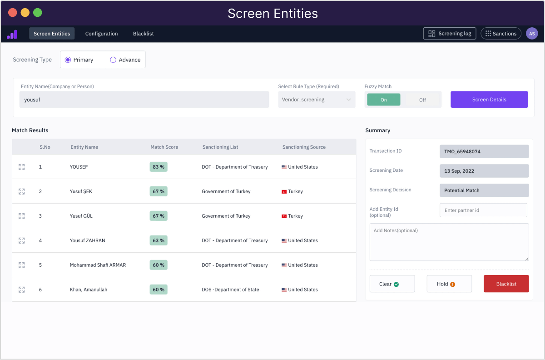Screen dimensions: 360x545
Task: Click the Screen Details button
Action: (489, 100)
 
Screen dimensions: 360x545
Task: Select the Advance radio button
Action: (114, 60)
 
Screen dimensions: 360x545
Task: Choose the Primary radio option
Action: (68, 60)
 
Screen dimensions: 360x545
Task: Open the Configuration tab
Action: (101, 34)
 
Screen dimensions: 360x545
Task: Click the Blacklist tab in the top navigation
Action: (143, 34)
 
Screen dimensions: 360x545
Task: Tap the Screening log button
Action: (449, 34)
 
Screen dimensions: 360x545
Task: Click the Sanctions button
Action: (500, 34)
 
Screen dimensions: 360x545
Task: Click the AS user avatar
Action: (532, 34)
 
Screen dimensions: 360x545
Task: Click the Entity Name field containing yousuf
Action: (144, 100)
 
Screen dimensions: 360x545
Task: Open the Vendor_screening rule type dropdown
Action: (317, 100)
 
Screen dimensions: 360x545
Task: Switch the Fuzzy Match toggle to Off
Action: (422, 100)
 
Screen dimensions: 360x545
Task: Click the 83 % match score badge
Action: (159, 167)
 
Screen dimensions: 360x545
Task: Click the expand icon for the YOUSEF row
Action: (21, 167)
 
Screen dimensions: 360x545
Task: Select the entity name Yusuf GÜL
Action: (81, 216)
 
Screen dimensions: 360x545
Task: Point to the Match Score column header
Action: (164, 147)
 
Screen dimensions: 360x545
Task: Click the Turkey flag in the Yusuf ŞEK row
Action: (284, 192)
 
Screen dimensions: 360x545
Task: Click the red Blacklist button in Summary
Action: (506, 284)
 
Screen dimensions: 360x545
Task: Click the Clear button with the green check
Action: (392, 284)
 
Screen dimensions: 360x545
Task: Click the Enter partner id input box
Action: (483, 210)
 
